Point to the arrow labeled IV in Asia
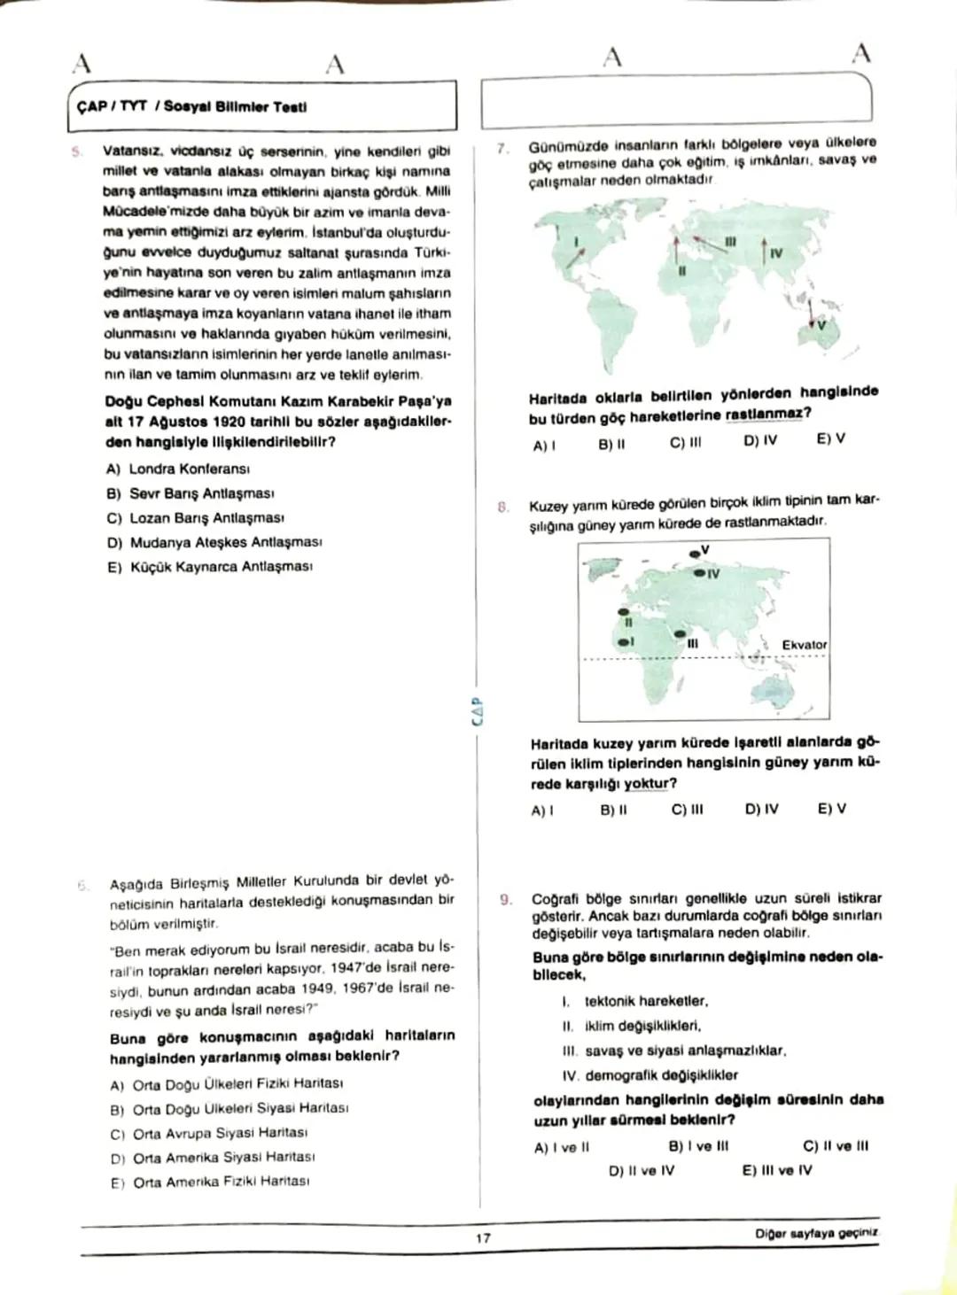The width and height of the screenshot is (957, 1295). (764, 249)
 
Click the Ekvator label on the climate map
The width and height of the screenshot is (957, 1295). (804, 645)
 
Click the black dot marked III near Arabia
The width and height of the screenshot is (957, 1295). (680, 634)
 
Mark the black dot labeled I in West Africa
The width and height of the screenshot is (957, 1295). (623, 640)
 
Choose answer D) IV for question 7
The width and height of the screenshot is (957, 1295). (760, 440)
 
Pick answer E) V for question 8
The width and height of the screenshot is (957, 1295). (831, 809)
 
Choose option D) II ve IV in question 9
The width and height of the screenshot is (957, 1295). (641, 1170)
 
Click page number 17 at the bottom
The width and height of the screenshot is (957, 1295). (482, 1237)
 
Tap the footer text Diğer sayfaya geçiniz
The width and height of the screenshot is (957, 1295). (816, 1233)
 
